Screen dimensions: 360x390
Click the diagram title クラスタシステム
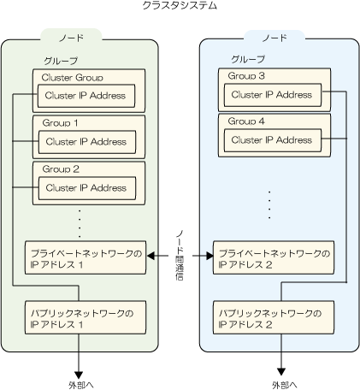tap(180, 6)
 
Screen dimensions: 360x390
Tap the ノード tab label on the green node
tap(71, 38)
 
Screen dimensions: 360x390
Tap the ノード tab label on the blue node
tap(274, 38)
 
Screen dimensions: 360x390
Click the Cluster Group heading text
tap(73, 78)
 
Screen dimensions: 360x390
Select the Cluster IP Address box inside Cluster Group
tap(86, 96)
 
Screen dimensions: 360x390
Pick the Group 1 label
tap(60, 123)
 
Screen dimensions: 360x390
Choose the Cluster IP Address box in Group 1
tap(87, 142)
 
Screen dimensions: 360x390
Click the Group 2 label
tap(61, 169)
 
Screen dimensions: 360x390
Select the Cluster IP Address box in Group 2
tap(87, 188)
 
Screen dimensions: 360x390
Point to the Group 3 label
tap(246, 76)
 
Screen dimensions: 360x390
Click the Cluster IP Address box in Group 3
tap(273, 95)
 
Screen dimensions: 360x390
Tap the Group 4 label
tap(246, 121)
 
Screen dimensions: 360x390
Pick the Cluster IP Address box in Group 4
tap(273, 140)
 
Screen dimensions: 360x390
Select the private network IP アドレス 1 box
tap(86, 257)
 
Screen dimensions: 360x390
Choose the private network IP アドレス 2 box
tap(274, 257)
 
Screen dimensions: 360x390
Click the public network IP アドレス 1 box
tap(86, 317)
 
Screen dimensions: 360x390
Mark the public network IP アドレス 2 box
tap(274, 317)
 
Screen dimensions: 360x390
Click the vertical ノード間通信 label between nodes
tap(180, 256)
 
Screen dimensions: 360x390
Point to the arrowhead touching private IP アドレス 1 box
tap(150, 256)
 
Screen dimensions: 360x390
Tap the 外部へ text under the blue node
tap(285, 385)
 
